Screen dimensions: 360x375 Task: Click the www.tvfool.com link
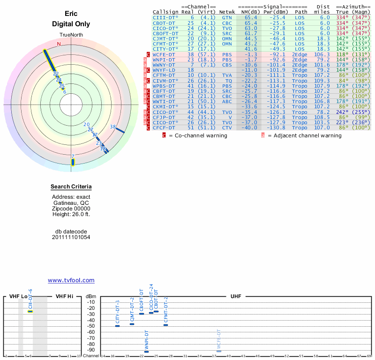(x=71, y=280)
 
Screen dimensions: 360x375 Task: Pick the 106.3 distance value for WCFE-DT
(x=322, y=54)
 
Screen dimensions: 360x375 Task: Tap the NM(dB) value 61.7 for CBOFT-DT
(x=250, y=33)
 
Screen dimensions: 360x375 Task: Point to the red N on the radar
(x=59, y=45)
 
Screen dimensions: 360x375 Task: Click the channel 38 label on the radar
(x=112, y=127)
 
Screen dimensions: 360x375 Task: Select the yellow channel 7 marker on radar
(x=73, y=162)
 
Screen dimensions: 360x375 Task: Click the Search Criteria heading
(x=71, y=187)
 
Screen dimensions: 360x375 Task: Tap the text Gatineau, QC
(x=71, y=202)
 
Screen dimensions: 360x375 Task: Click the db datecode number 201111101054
(x=71, y=237)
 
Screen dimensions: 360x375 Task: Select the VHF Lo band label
(x=18, y=296)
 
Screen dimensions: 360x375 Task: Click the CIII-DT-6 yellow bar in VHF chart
(x=30, y=311)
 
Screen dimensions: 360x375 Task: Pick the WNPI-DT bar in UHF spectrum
(x=146, y=352)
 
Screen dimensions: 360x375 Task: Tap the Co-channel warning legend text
(x=198, y=135)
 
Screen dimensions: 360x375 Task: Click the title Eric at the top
(x=71, y=14)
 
